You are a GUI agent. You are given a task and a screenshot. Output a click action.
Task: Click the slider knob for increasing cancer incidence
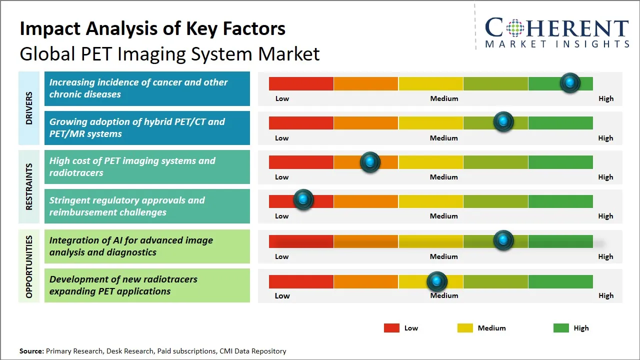click(570, 83)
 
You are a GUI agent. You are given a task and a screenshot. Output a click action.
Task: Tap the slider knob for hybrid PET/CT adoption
click(503, 122)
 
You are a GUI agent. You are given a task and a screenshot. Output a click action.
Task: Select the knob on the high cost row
click(370, 162)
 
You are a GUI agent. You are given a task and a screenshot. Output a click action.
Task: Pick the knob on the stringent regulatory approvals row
click(303, 200)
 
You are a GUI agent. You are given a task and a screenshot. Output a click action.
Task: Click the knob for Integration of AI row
click(503, 240)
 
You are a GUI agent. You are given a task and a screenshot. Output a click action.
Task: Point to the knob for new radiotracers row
click(437, 281)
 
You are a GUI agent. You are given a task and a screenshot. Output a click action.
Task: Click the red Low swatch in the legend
click(391, 328)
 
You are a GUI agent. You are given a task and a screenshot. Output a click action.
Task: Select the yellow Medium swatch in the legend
click(465, 328)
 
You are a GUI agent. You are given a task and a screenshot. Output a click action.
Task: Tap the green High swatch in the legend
click(561, 328)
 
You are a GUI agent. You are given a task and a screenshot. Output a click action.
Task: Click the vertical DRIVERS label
click(29, 108)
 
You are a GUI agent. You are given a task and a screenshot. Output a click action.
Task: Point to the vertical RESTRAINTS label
click(29, 186)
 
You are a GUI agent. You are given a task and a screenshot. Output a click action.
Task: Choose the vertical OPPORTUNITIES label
click(29, 266)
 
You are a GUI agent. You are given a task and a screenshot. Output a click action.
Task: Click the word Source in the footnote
click(31, 351)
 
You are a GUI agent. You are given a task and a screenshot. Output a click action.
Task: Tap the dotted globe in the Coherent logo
click(514, 28)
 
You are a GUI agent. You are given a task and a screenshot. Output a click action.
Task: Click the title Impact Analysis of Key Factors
click(152, 29)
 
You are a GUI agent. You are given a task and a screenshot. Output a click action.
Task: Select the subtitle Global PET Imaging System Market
click(169, 54)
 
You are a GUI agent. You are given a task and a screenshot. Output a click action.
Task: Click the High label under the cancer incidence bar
click(605, 98)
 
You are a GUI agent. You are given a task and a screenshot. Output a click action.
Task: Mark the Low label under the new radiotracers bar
click(282, 295)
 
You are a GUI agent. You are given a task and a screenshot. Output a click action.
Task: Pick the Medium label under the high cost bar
click(443, 177)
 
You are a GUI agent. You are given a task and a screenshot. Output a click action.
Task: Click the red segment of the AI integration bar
click(301, 241)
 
